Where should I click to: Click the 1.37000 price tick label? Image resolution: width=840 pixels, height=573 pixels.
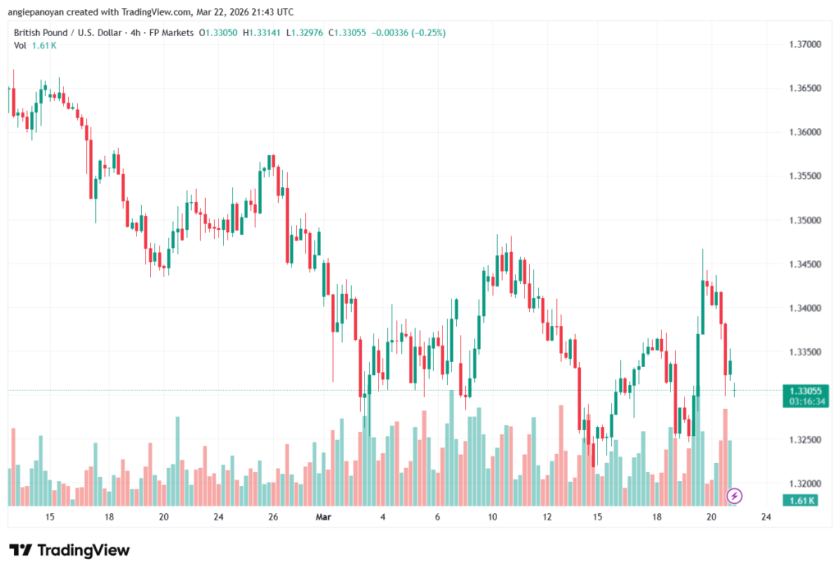(x=804, y=44)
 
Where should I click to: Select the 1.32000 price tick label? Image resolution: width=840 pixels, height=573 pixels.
(x=804, y=484)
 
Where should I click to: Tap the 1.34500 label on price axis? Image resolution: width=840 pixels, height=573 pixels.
(x=804, y=264)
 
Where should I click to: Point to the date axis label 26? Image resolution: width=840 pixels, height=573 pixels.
(x=273, y=517)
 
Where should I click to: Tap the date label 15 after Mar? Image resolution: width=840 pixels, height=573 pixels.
(x=598, y=517)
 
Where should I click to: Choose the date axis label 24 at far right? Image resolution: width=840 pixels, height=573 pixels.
(x=765, y=517)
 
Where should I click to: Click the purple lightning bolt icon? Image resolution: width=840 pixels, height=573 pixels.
(x=735, y=496)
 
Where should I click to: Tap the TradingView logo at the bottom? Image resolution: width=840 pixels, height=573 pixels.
(x=69, y=550)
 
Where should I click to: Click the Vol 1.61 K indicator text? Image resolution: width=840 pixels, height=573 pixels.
(x=33, y=45)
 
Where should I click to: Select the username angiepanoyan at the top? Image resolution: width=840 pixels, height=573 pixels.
(x=43, y=12)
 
